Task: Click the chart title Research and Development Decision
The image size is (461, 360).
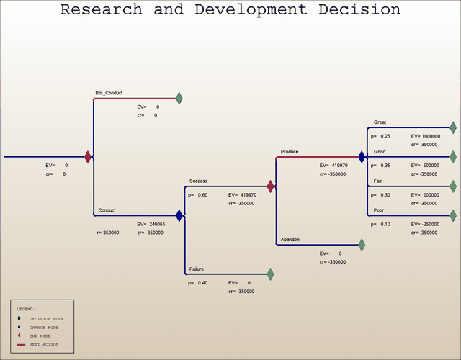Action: point(230,10)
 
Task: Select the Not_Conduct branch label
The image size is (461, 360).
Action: point(109,93)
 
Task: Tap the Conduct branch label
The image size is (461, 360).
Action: point(107,210)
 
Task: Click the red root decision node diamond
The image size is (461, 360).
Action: point(88,156)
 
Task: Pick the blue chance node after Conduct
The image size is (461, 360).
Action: point(179,215)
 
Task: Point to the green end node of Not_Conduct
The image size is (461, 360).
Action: point(179,98)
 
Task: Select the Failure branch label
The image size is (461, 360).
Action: point(197,269)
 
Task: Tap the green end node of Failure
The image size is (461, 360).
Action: point(271,274)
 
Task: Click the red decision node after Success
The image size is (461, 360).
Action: point(271,186)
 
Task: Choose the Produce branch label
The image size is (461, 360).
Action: point(290,152)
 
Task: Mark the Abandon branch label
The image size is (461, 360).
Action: point(290,239)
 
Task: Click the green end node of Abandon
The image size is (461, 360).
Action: point(362,245)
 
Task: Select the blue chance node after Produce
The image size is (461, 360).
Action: point(362,156)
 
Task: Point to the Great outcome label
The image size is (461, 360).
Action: point(380,122)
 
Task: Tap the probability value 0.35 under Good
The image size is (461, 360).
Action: point(385,166)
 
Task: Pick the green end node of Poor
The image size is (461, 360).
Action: point(453,215)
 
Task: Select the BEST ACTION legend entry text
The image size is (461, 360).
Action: point(44,344)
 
